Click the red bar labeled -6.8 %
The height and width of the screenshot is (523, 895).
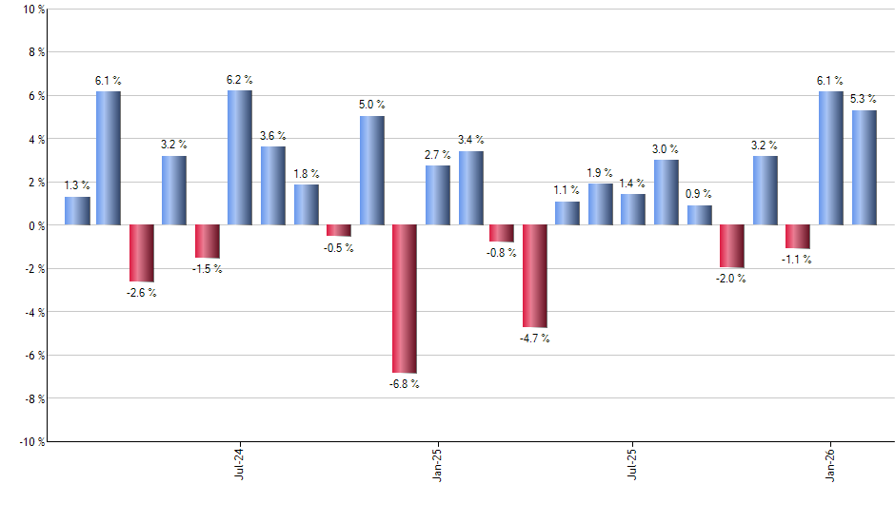tap(405, 299)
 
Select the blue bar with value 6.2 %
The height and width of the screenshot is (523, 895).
tap(240, 158)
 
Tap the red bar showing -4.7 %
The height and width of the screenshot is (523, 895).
tap(536, 276)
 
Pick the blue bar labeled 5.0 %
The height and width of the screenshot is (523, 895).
tap(372, 170)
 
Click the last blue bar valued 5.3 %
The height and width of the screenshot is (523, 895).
tap(865, 167)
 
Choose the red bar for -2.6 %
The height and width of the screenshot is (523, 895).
tap(142, 253)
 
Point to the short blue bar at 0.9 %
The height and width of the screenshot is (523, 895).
tap(700, 215)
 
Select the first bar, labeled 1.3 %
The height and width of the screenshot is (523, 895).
tap(77, 211)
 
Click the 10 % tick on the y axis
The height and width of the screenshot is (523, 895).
tap(32, 10)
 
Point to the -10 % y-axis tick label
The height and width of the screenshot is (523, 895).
tap(30, 442)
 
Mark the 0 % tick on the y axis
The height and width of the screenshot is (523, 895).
tap(35, 225)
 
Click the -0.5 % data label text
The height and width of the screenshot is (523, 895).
tap(338, 248)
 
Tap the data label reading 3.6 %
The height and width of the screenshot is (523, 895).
tap(272, 136)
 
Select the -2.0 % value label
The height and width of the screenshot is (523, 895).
tap(732, 280)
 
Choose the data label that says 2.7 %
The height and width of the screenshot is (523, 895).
tap(438, 154)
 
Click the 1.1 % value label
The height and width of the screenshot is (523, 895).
tap(567, 190)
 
